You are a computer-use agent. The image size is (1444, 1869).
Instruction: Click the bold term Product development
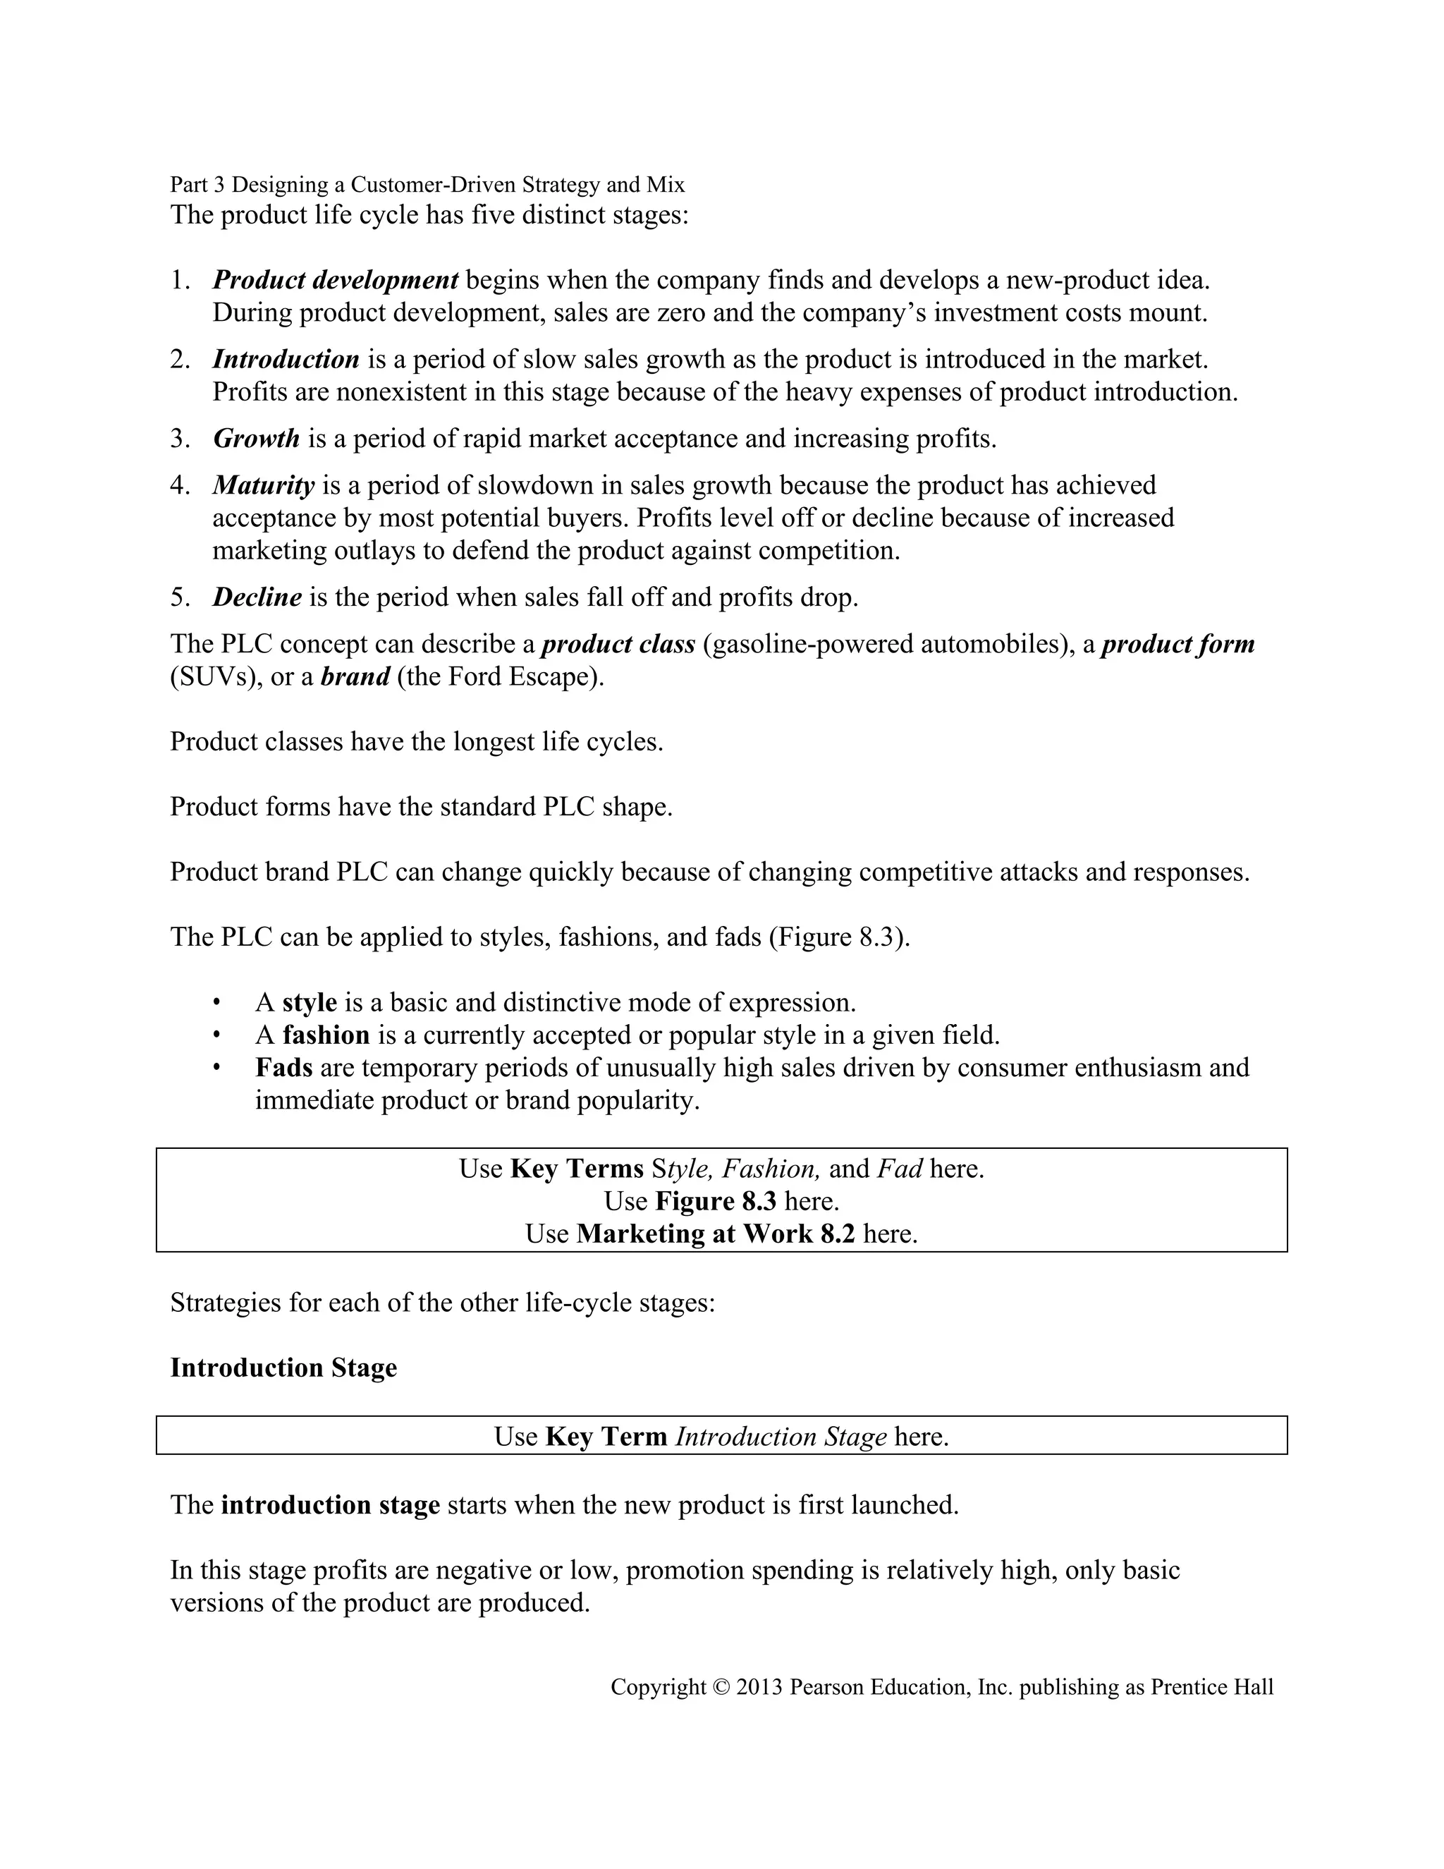[x=336, y=280]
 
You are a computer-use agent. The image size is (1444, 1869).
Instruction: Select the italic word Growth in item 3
[x=256, y=439]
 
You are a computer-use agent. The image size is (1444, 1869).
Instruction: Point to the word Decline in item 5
[x=257, y=597]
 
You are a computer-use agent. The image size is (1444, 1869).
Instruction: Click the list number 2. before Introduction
[x=180, y=360]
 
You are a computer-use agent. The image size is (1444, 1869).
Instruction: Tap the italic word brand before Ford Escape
[x=355, y=677]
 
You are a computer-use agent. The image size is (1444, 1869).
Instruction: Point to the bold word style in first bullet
[x=309, y=1002]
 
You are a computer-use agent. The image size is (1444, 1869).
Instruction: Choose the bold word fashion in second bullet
[x=326, y=1035]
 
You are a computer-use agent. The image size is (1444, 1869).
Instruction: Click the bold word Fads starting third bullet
[x=283, y=1068]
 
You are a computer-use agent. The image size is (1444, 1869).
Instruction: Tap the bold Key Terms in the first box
[x=577, y=1169]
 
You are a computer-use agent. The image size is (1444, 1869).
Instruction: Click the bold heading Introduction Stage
[x=283, y=1368]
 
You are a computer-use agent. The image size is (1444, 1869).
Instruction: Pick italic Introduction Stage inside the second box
[x=781, y=1437]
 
